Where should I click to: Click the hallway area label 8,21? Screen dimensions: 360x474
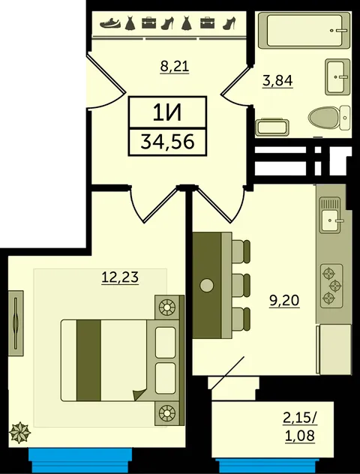175,67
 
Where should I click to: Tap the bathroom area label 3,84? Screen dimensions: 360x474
277,81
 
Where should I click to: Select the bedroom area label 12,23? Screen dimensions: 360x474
120,277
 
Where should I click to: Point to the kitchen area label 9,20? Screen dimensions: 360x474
284,301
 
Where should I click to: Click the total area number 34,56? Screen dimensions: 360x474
167,142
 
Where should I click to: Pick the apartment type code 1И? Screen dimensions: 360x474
167,113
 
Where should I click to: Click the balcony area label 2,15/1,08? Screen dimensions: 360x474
300,427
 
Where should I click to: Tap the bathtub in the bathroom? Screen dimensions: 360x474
304,30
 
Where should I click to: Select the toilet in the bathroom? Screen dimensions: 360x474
329,118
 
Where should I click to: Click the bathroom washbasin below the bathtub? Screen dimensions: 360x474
337,76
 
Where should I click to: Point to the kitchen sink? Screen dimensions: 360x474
331,214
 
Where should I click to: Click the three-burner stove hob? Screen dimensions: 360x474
331,286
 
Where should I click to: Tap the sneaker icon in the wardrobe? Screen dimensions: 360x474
110,23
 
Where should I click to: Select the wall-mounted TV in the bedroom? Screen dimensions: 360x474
16,323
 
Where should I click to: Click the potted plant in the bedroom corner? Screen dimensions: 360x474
19,432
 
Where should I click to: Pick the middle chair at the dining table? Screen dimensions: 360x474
241,285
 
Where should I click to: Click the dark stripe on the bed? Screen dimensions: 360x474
88,360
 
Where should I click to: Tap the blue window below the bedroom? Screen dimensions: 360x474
80,460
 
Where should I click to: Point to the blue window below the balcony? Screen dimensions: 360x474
267,466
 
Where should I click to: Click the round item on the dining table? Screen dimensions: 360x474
207,285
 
